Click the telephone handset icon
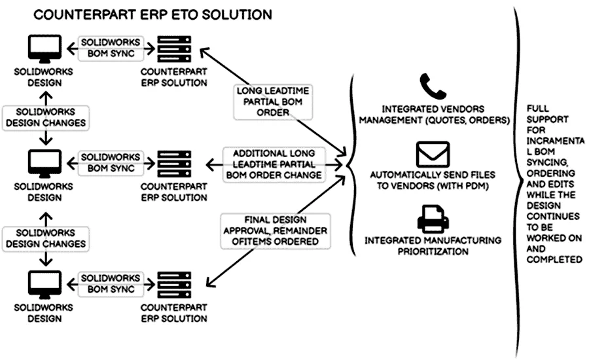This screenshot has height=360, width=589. (432, 86)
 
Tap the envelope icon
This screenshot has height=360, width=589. (432, 154)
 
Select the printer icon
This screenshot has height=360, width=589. (432, 219)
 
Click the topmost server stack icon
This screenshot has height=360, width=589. (174, 48)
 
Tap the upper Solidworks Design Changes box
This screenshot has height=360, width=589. (45, 117)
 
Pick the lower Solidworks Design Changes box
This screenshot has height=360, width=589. (45, 237)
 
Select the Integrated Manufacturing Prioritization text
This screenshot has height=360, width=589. (433, 246)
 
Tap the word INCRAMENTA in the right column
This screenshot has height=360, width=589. (556, 141)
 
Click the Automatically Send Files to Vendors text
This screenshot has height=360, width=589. (433, 180)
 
